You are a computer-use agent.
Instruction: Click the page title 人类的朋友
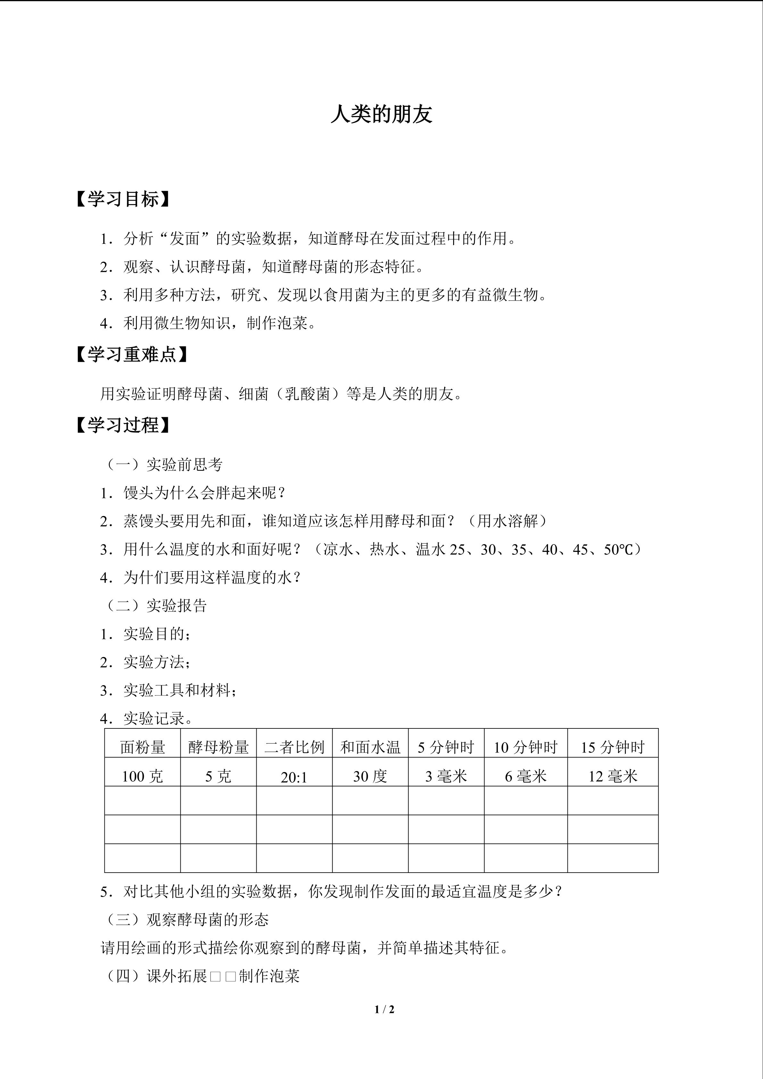coord(381,114)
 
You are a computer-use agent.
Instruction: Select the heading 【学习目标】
coord(123,199)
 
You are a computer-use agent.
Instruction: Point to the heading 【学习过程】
coord(123,425)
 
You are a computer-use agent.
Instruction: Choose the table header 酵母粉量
coord(219,747)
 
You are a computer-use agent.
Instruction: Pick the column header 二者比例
coord(294,747)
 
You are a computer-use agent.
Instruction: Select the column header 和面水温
coord(370,747)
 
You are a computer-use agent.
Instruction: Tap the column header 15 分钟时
coord(613,747)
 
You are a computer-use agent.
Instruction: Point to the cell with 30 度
coord(370,776)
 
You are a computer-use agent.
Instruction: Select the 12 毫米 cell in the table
coord(613,776)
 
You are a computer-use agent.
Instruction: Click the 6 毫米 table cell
coord(526,776)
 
